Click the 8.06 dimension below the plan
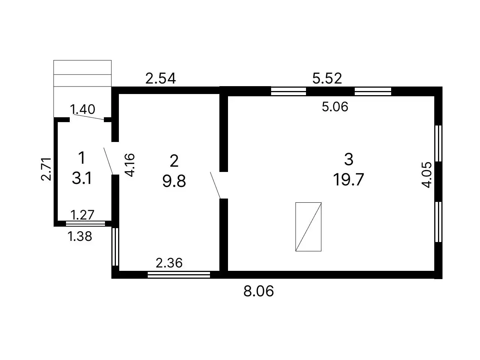(x=258, y=291)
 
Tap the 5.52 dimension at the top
(x=327, y=78)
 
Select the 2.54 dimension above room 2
(x=160, y=78)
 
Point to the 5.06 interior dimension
(x=335, y=107)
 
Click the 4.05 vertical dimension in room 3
(x=427, y=175)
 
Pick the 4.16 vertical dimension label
(x=130, y=165)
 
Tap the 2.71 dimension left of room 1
(x=46, y=169)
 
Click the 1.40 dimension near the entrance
(x=82, y=109)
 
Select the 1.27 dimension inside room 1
(x=82, y=215)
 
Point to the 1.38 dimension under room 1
(x=80, y=236)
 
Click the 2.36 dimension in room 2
(x=169, y=263)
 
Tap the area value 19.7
(x=348, y=179)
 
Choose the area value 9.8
(x=174, y=181)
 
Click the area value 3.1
(x=82, y=178)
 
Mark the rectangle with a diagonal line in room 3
(x=308, y=227)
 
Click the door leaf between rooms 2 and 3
(x=215, y=185)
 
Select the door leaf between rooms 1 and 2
(x=108, y=161)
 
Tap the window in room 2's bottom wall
(x=178, y=275)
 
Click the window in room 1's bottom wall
(x=85, y=224)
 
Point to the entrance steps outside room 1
(x=82, y=89)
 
